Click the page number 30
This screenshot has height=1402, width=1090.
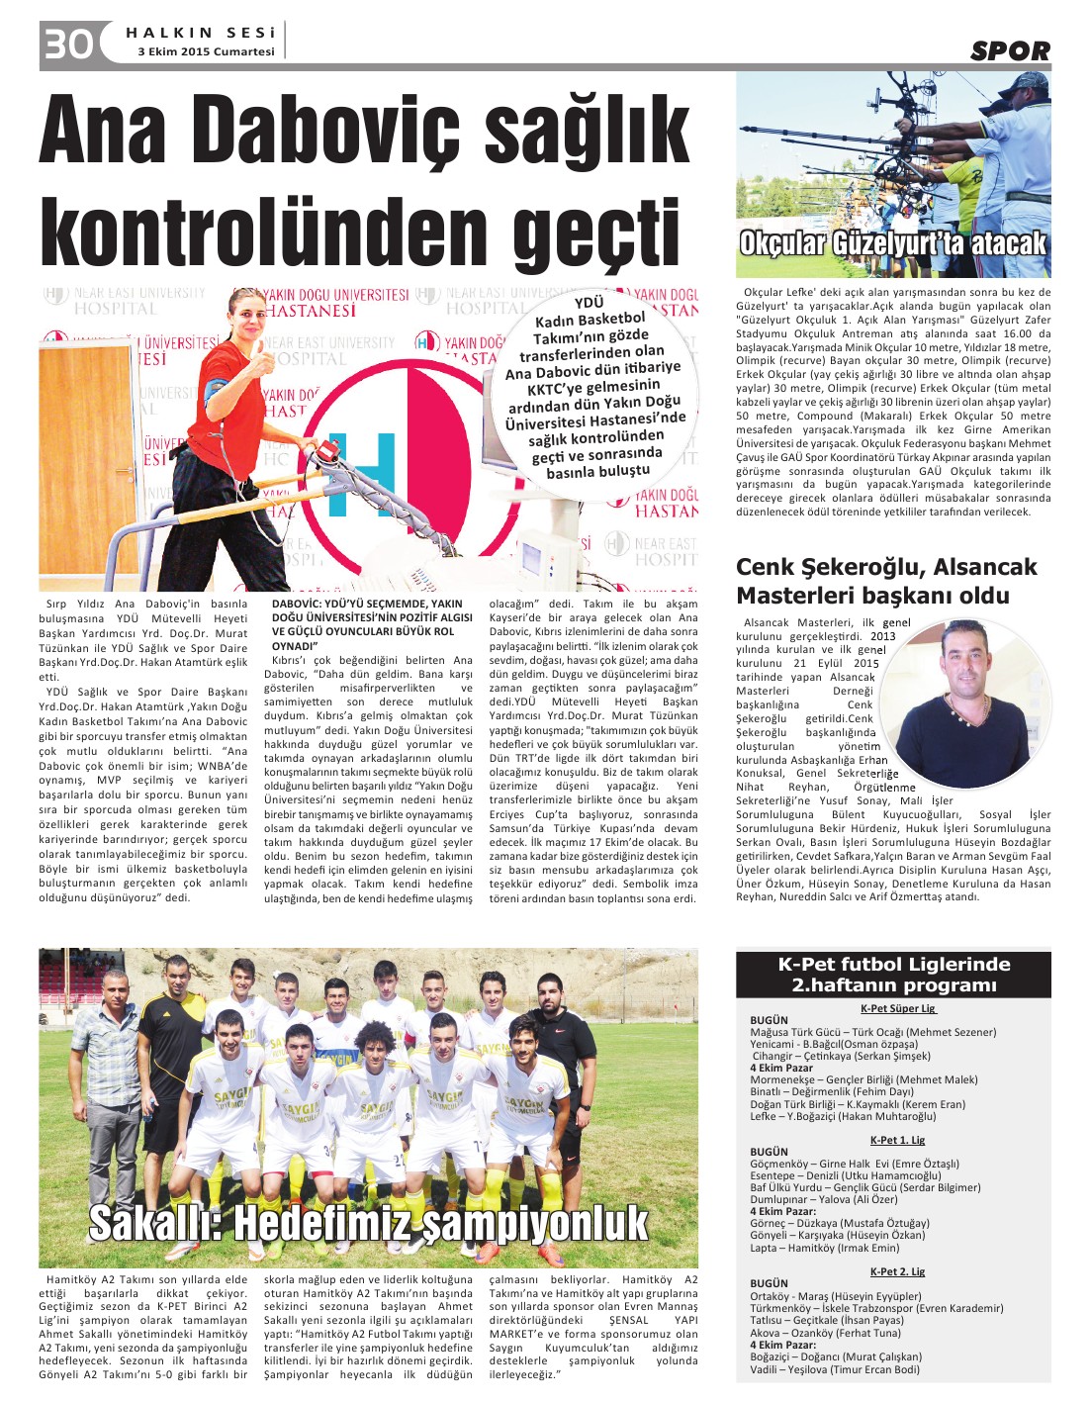pyautogui.click(x=67, y=44)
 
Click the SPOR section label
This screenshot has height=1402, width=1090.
pyautogui.click(x=1010, y=51)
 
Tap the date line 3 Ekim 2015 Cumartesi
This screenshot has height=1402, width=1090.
pyautogui.click(x=206, y=51)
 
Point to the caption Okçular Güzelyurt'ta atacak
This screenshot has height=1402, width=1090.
pyautogui.click(x=893, y=243)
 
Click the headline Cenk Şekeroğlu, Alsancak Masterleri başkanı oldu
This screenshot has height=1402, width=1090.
pyautogui.click(x=886, y=581)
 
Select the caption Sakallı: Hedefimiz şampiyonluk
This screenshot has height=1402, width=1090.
pyautogui.click(x=369, y=1223)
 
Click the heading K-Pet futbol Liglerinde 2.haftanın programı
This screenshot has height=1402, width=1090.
pyautogui.click(x=893, y=975)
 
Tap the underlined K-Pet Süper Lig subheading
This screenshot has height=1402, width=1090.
pyautogui.click(x=897, y=1008)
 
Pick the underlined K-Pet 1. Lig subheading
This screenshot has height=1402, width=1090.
pyautogui.click(x=897, y=1140)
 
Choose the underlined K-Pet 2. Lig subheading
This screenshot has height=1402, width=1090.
pyautogui.click(x=897, y=1271)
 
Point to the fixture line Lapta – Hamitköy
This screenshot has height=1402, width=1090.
pyautogui.click(x=825, y=1248)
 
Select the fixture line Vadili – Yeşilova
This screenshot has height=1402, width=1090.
pyautogui.click(x=834, y=1369)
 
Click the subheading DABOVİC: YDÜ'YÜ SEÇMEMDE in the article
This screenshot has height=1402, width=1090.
pyautogui.click(x=366, y=623)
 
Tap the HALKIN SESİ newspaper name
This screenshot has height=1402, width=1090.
pyautogui.click(x=199, y=33)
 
